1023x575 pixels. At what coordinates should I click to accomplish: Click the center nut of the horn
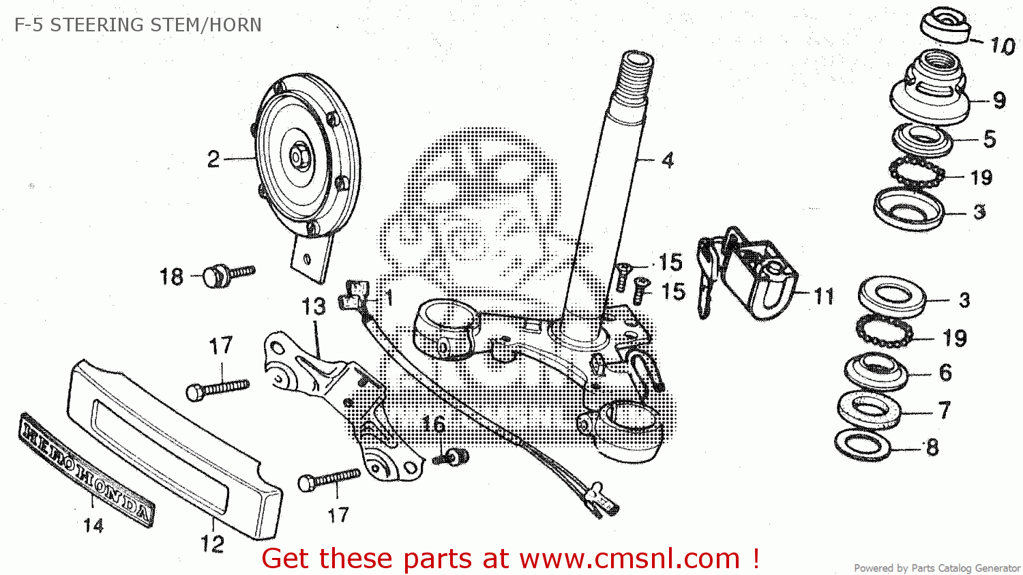point(297,156)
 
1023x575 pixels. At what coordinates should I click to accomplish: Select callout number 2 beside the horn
point(213,160)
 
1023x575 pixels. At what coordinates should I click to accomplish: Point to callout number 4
point(668,160)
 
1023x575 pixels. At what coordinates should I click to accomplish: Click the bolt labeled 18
point(228,275)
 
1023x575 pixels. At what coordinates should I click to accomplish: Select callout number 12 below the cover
point(212,544)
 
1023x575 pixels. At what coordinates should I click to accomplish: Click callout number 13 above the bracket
point(314,307)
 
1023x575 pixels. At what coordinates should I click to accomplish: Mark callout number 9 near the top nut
point(999,100)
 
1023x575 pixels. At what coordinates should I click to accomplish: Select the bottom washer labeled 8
point(863,445)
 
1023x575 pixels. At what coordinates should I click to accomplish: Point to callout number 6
point(945,372)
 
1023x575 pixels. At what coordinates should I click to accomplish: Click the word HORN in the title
point(235,25)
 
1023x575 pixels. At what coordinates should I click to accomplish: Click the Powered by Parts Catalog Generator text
point(936,568)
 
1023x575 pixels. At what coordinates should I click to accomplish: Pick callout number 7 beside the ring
point(944,410)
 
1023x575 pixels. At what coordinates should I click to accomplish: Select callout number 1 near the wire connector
point(389,298)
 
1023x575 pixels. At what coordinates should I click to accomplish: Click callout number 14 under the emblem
point(93,525)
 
